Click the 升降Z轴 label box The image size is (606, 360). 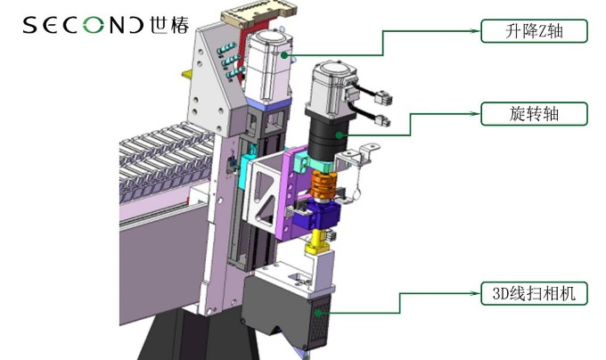click(x=534, y=31)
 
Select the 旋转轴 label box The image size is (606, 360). click(x=534, y=113)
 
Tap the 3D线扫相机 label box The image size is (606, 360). click(x=534, y=293)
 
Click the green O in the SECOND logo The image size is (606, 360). click(x=94, y=25)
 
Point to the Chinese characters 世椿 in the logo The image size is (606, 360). click(x=169, y=25)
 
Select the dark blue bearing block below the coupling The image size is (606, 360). click(x=316, y=217)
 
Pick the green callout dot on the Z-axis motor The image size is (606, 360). click(x=284, y=55)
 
